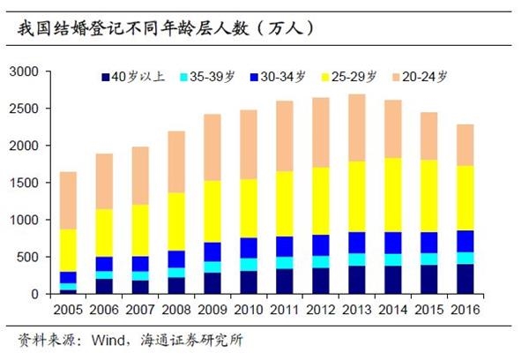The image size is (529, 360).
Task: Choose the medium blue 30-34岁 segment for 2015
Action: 428,243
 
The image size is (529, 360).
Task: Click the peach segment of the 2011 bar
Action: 284,136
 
